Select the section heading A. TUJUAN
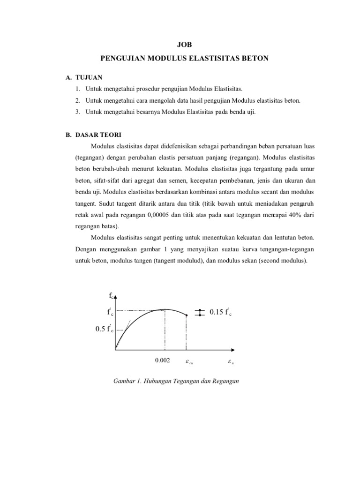(x=85, y=77)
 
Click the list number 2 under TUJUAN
(x=77, y=100)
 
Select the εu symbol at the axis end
(x=231, y=361)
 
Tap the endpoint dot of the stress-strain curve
(x=187, y=315)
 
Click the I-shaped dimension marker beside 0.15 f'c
(x=200, y=313)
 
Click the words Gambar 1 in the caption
(x=126, y=381)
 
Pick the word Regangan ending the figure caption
(x=228, y=381)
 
